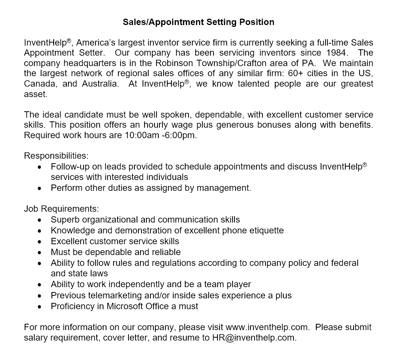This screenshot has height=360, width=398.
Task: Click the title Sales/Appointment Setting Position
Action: pos(199,22)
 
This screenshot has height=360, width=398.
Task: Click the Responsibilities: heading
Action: pos(56,156)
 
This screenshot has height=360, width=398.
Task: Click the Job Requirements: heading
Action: pos(61,209)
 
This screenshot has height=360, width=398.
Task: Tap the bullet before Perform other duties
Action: pos(40,188)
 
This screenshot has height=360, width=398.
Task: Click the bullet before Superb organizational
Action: pos(40,220)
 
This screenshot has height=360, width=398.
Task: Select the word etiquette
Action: pos(264,230)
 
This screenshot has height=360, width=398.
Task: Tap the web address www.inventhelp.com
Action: pos(267,327)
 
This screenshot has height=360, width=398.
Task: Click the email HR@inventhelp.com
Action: pos(254,338)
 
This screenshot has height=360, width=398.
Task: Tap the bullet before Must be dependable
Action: pos(40,252)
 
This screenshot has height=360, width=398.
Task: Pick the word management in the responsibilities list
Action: pos(223,188)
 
